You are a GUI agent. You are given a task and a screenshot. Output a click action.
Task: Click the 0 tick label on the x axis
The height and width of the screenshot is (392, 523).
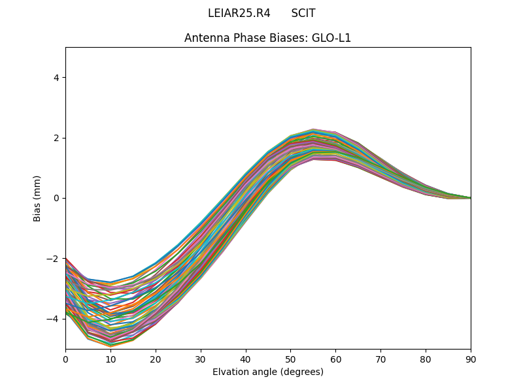65,359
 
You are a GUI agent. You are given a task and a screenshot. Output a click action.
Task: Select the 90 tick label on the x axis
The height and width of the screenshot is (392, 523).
471,359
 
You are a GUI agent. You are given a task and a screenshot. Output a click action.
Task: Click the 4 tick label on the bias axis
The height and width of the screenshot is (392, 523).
56,78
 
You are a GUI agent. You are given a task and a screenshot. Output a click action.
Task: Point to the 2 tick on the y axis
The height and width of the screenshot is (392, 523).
56,138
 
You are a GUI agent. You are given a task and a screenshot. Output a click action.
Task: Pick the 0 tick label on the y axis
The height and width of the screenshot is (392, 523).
56,198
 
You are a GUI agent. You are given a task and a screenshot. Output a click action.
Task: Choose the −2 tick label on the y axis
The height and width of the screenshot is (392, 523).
54,259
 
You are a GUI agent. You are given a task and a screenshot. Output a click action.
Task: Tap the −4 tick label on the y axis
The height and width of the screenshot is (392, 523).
54,319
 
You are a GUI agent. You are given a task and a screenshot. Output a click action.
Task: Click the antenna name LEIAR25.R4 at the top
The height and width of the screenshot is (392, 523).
239,13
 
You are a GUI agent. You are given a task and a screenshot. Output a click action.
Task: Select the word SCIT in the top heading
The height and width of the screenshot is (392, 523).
303,13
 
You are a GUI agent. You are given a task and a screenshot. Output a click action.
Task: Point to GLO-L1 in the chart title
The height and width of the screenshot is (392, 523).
331,38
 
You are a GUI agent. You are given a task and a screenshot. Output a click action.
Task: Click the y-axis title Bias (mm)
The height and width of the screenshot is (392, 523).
37,198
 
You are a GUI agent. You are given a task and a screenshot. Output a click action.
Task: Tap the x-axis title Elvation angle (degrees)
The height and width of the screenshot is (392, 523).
268,372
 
